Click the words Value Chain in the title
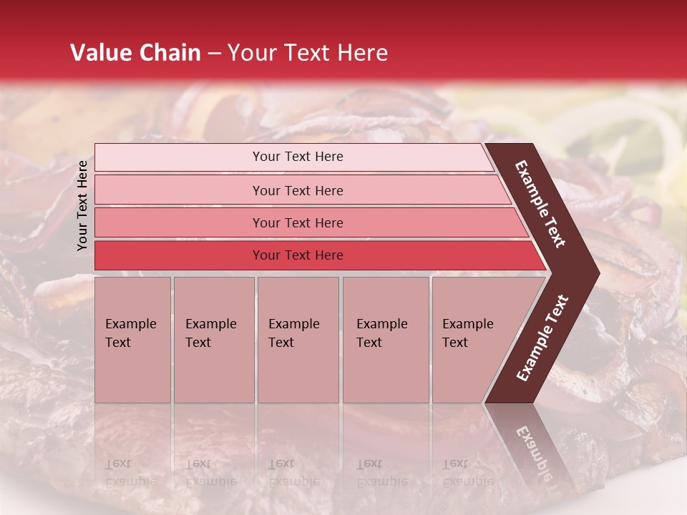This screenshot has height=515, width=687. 135,53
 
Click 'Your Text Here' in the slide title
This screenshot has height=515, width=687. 308,53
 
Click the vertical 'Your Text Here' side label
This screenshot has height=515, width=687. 82,205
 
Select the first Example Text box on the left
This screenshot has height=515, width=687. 132,340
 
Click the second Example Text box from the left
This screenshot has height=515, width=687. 213,340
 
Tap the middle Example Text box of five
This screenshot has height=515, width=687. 298,340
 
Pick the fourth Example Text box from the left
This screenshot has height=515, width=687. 386,340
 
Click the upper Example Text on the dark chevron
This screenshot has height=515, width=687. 540,204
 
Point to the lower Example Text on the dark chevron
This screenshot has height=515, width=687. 542,338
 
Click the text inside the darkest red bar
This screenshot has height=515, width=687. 298,255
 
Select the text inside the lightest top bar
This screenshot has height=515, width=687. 298,157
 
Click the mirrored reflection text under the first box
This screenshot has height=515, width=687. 130,473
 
